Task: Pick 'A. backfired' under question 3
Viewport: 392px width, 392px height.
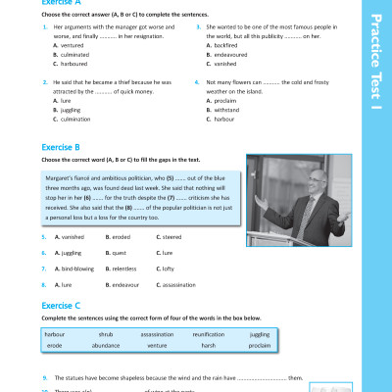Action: coord(222,45)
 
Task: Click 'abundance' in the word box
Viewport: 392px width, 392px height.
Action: coord(106,345)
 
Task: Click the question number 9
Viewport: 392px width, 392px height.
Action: coord(44,376)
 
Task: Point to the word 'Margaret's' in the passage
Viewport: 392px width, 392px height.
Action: coord(63,177)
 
